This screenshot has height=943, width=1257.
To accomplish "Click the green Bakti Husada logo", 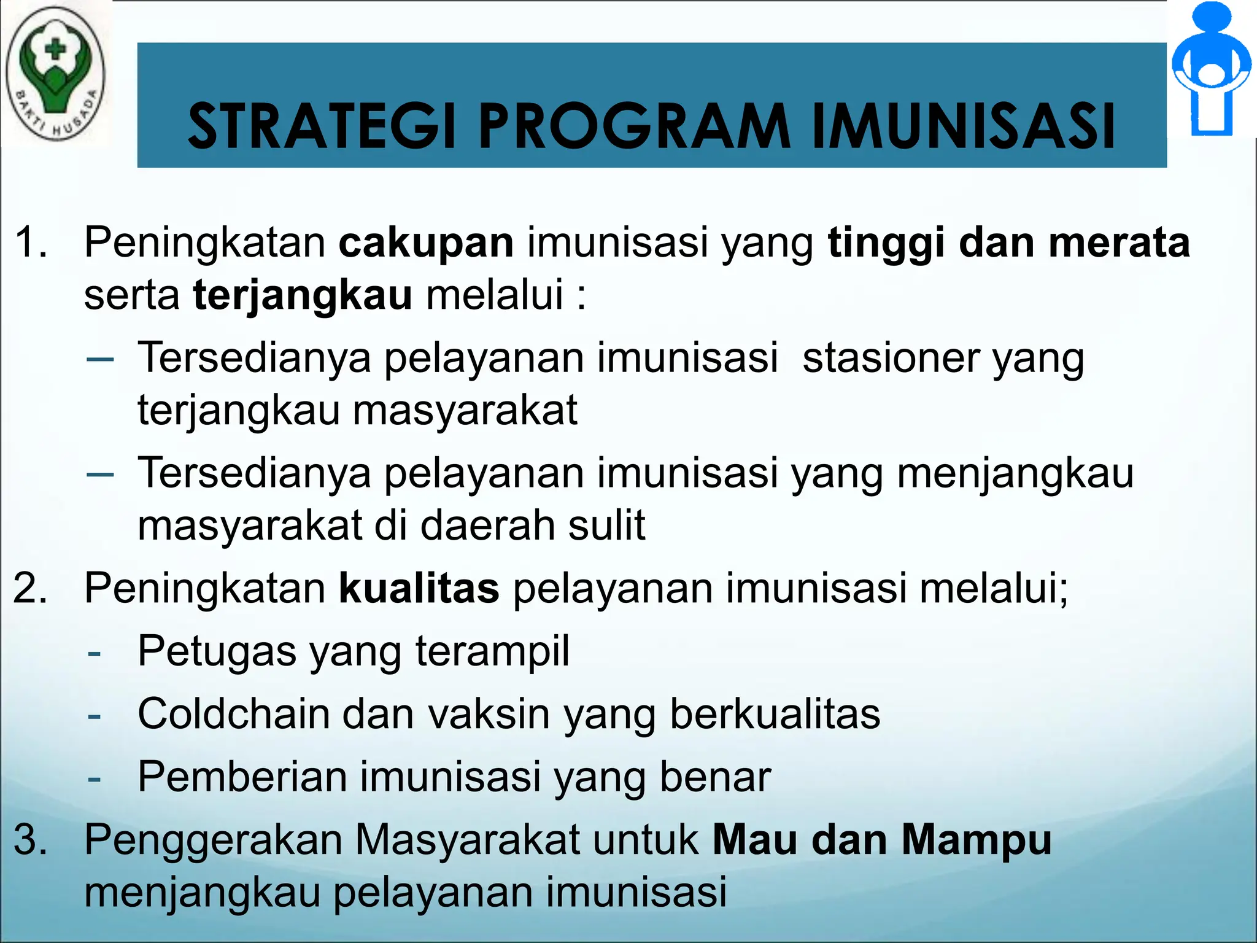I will coord(55,72).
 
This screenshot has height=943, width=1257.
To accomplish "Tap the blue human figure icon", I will coord(1211,69).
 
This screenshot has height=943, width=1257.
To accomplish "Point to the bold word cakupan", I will coord(426,243).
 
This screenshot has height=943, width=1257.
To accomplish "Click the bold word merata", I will coord(1119,242).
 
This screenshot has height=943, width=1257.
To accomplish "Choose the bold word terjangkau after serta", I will coord(303,296).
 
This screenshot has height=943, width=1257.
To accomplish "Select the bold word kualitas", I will coord(419,588).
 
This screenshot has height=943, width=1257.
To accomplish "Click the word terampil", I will coord(492,652).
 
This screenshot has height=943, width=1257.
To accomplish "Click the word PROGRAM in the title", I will coord(634,126).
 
